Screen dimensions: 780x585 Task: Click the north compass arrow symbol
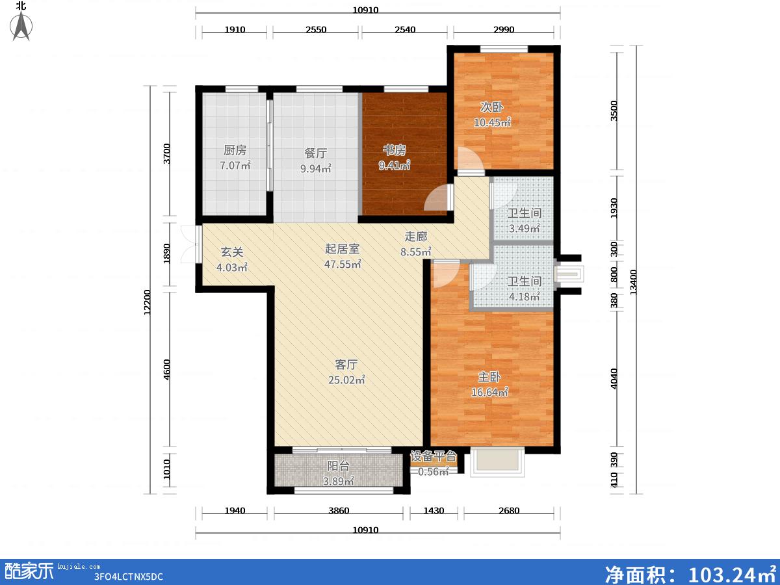(21, 25)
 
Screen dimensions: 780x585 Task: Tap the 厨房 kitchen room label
(235, 150)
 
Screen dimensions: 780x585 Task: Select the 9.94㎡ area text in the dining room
(315, 168)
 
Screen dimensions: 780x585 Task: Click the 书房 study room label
(395, 150)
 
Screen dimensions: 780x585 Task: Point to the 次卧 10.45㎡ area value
(493, 122)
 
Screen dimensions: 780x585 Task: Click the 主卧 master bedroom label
(489, 376)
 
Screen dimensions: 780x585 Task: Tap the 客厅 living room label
(346, 365)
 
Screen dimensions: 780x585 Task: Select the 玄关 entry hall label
(232, 252)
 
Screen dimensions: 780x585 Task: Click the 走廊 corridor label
(416, 237)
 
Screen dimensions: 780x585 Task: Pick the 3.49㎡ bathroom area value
(525, 228)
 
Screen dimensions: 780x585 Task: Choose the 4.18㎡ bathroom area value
(525, 296)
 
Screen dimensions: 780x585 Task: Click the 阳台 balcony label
(338, 465)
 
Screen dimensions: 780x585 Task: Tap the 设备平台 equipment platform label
(433, 456)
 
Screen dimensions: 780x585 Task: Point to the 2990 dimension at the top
(504, 29)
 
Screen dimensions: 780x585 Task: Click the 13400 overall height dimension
(634, 282)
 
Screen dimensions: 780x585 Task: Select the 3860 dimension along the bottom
(339, 511)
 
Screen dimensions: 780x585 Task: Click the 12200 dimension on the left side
(147, 302)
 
